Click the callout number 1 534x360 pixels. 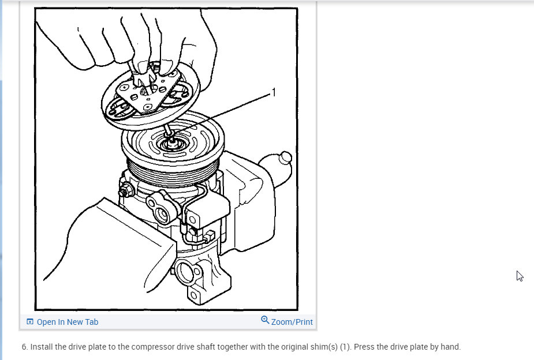click(274, 92)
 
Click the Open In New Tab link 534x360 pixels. click(67, 322)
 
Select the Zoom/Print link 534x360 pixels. click(292, 322)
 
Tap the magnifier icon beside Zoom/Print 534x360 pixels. click(265, 320)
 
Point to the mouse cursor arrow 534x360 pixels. click(520, 276)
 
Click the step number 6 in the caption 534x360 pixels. click(24, 347)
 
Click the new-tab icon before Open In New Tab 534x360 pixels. click(30, 322)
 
